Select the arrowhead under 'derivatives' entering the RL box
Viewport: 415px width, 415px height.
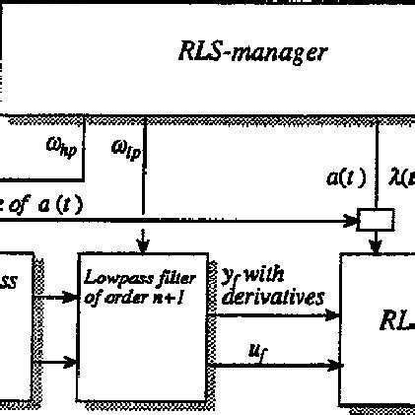click(x=332, y=315)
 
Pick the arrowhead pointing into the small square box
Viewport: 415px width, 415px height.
click(x=352, y=220)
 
